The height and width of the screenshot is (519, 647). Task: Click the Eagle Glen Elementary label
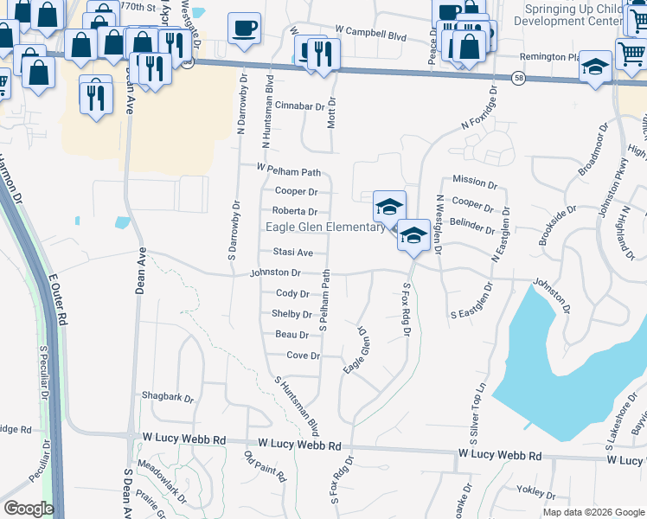(324, 227)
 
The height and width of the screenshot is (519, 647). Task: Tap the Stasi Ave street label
(292, 253)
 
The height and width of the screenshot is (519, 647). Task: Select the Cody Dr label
(292, 294)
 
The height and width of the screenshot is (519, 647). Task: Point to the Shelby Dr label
(291, 314)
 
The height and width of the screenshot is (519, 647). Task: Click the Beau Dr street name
(292, 335)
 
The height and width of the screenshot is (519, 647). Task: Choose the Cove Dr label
(303, 356)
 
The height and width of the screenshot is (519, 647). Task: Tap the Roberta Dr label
(295, 211)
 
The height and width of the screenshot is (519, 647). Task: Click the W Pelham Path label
(288, 171)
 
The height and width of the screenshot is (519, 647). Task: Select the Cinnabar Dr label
(304, 106)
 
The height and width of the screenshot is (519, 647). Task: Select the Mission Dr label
(475, 184)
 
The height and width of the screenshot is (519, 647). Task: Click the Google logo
(29, 509)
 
